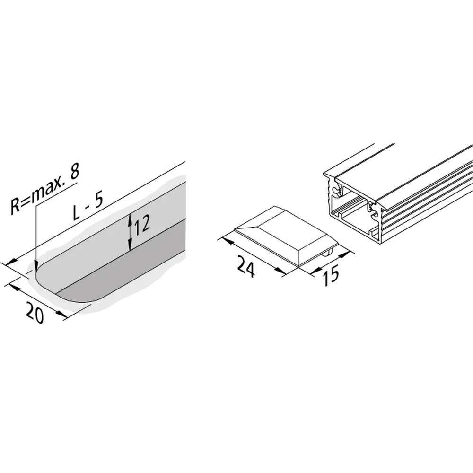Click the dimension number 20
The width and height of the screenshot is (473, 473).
tap(35, 313)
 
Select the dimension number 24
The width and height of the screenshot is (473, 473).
tap(246, 266)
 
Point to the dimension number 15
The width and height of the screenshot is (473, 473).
tap(331, 275)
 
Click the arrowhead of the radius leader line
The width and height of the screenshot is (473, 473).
tap(36, 266)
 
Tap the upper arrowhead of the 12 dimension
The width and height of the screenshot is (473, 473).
tap(130, 219)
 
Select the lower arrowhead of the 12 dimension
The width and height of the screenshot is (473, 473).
tap(130, 245)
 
